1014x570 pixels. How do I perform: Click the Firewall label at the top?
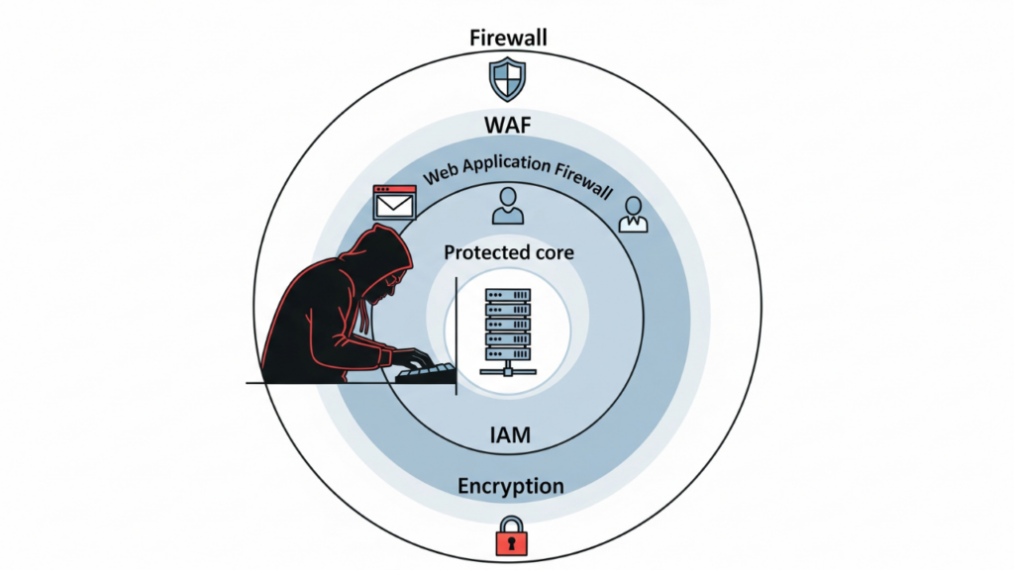click(x=508, y=39)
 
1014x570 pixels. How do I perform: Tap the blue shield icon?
click(x=507, y=80)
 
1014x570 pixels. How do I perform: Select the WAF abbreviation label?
click(x=508, y=126)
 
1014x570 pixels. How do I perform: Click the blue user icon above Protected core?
click(x=507, y=205)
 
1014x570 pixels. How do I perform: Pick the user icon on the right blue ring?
click(x=632, y=214)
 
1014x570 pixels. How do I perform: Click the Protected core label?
click(x=508, y=252)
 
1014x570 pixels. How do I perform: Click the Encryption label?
click(x=510, y=486)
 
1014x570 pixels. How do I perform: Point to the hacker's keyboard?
click(x=426, y=373)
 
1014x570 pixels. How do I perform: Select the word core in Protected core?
click(x=553, y=252)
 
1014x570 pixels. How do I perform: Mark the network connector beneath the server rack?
click(x=507, y=370)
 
